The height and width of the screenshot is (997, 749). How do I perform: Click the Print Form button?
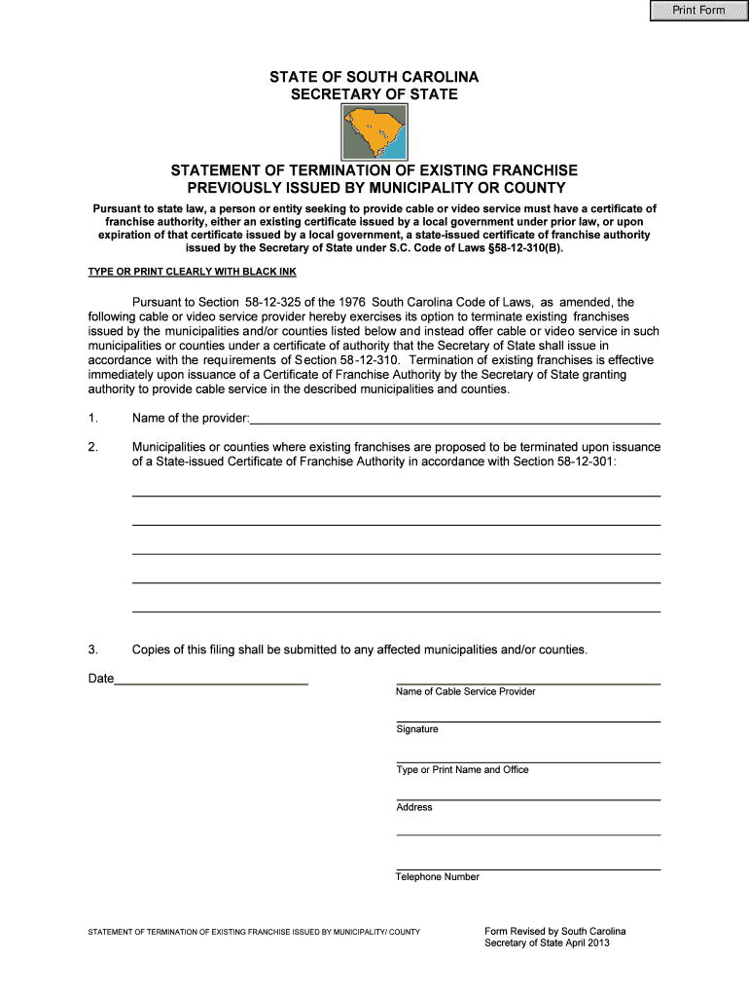click(x=699, y=11)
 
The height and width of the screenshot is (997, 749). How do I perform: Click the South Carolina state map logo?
click(x=374, y=133)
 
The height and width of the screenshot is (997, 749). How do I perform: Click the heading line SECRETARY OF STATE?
click(x=374, y=94)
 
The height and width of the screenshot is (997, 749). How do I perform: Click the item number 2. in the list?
click(x=93, y=447)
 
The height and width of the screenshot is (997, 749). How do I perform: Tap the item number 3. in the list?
click(x=93, y=648)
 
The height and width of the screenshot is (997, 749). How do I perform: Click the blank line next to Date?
click(x=211, y=679)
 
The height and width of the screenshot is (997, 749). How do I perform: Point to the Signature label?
click(x=417, y=729)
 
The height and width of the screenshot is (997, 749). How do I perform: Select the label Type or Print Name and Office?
click(x=462, y=769)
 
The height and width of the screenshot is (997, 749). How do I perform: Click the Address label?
click(x=414, y=807)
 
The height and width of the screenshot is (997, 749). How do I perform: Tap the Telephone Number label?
click(x=437, y=876)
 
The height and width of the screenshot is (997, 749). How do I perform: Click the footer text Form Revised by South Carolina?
click(x=554, y=932)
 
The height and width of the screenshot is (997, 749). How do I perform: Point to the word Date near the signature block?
click(x=101, y=679)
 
